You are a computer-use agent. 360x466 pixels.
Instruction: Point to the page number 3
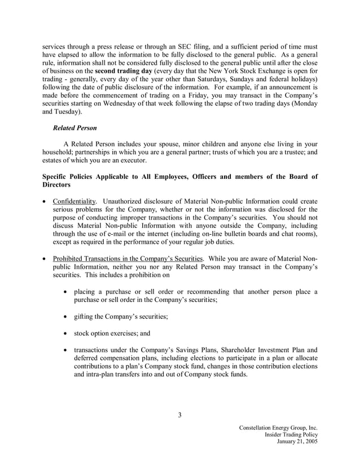179,416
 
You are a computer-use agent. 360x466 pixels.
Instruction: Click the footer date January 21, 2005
297,442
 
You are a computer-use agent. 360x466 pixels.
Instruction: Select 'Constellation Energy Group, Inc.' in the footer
278,427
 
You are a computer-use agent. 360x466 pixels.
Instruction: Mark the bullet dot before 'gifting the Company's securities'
68,316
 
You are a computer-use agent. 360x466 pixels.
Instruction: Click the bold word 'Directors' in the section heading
56,184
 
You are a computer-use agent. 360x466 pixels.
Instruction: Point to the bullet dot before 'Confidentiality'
46,201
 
